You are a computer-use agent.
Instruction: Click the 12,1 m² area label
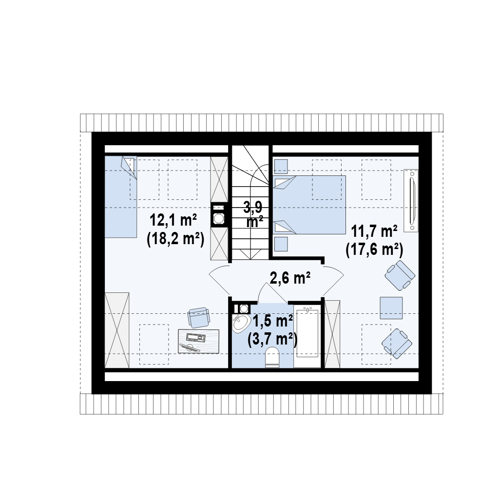point(173,220)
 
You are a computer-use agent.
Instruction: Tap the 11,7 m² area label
point(374,231)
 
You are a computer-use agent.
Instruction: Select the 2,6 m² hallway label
point(290,278)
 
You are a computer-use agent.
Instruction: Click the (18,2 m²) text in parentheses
point(175,239)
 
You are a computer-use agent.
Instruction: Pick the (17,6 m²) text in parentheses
point(375,250)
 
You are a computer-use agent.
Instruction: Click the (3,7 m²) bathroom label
point(272,340)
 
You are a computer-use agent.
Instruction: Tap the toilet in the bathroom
point(272,357)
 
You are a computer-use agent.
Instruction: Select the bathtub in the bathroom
point(307,336)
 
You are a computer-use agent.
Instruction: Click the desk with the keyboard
point(199,341)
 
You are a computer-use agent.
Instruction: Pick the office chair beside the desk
point(199,317)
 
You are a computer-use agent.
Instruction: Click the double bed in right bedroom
point(309,205)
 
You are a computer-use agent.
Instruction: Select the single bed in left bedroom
point(121,197)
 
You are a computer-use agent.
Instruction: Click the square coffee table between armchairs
point(391,308)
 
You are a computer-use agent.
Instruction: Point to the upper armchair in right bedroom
point(400,275)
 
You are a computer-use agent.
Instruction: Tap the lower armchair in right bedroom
point(397,344)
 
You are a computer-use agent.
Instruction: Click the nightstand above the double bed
point(281,167)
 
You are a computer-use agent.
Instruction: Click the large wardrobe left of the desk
point(117,330)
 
